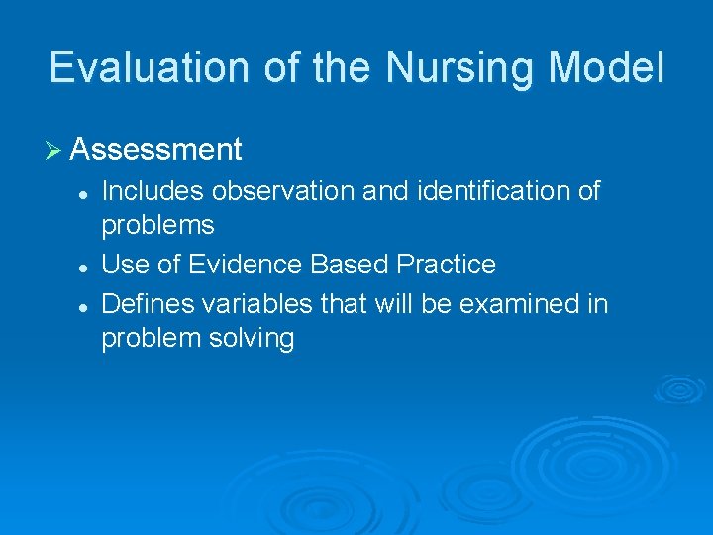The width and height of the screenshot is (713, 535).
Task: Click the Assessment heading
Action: click(156, 150)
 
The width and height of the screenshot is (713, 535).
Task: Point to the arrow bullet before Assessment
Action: click(54, 150)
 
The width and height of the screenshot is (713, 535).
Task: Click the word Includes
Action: click(150, 191)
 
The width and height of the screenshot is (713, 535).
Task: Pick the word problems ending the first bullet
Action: click(157, 226)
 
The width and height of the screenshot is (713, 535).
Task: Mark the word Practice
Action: click(446, 265)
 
